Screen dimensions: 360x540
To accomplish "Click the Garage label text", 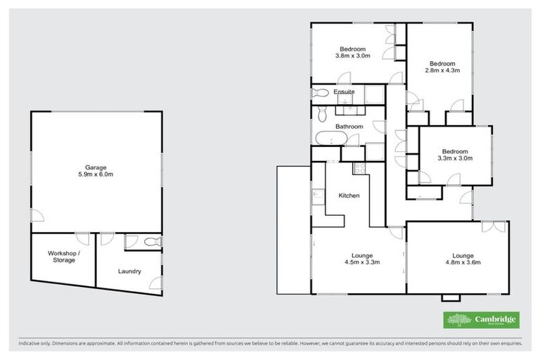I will [x=96, y=167].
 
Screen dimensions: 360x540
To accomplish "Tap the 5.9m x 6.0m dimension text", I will [x=96, y=174].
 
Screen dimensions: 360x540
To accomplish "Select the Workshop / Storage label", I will [x=63, y=256].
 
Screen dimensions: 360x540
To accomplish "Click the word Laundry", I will [x=129, y=271].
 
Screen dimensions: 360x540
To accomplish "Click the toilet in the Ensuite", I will [x=319, y=93].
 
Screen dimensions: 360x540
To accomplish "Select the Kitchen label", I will [x=349, y=195].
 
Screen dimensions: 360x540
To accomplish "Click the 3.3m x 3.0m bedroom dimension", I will [x=455, y=158].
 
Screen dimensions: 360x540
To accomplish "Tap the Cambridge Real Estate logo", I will [x=482, y=320].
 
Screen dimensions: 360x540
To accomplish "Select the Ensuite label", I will [x=344, y=91].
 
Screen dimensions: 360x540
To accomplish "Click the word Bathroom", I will [x=349, y=127].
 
